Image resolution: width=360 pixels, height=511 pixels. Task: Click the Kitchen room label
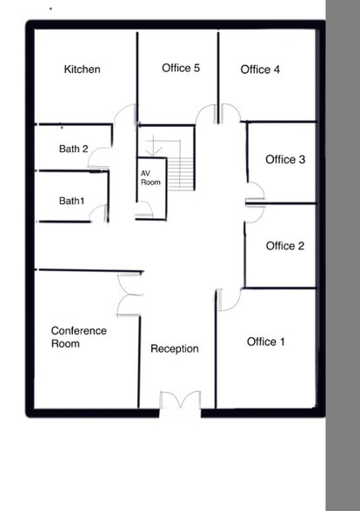82,70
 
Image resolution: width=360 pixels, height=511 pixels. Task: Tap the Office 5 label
181,68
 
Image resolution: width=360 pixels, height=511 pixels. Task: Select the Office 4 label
260,70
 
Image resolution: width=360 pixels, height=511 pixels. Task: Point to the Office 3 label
285,159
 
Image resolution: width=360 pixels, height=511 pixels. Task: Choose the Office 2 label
285,246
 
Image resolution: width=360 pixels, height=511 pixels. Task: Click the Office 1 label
266,342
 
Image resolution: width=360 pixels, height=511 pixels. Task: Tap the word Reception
175,348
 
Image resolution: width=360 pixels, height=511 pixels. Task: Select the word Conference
79,331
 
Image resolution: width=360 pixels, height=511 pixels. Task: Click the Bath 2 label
74,149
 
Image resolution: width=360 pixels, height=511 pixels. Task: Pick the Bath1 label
71,201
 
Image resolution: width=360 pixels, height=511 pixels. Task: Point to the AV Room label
150,178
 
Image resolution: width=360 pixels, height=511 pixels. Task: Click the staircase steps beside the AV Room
181,174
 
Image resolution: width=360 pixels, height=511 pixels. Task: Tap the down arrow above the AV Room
153,146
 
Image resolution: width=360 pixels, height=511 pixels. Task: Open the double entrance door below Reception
180,400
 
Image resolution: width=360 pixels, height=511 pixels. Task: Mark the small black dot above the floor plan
50,9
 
